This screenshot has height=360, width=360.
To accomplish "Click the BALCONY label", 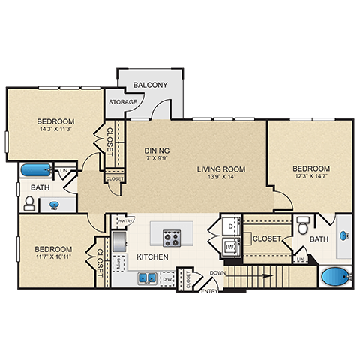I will [150, 85].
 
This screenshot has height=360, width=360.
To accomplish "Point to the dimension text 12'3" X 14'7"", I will [310, 178].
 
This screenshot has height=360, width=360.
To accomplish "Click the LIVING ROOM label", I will [221, 169].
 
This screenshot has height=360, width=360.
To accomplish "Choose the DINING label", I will [157, 150].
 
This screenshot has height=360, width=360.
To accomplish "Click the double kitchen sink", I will [146, 278].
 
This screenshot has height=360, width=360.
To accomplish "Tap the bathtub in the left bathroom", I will [35, 170].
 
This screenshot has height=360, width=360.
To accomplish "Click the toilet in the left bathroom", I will [29, 202].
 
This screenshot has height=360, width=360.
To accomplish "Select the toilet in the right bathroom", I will [303, 225].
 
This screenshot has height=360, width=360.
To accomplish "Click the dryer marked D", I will [231, 224].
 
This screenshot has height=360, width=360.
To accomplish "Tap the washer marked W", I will [231, 244].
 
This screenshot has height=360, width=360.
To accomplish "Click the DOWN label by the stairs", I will [218, 272].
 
